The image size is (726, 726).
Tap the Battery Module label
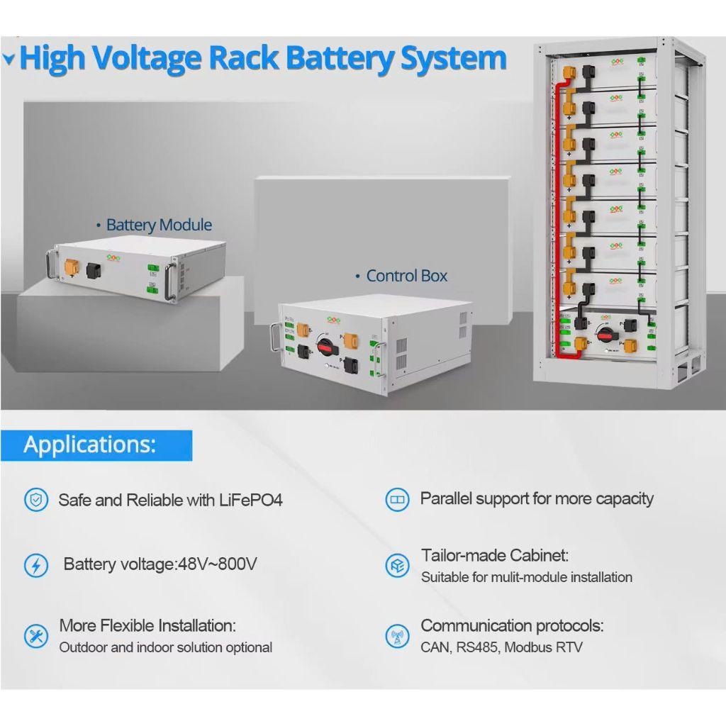tap(158, 225)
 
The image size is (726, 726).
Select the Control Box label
tap(406, 276)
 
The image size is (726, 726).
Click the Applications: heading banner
tap(90, 445)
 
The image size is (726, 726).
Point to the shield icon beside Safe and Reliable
tap(35, 500)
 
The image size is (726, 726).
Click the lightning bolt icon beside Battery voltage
tap(35, 565)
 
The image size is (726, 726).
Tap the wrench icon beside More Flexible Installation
tap(35, 635)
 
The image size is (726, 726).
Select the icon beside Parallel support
tap(397, 500)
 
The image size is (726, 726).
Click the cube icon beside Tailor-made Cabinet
tap(397, 565)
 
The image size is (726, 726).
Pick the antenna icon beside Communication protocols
tap(397, 635)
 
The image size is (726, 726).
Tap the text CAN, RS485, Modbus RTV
tap(501, 647)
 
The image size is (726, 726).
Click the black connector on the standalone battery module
tap(93, 270)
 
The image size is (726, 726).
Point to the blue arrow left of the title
tap(9, 60)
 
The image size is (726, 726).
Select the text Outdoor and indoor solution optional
tap(165, 647)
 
